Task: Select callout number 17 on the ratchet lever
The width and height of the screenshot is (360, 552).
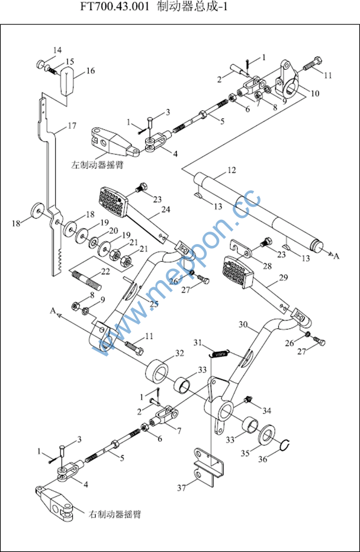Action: click(x=72, y=126)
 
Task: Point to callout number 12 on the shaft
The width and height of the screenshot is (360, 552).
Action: click(x=232, y=171)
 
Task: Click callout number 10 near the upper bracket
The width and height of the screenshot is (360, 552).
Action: click(x=314, y=93)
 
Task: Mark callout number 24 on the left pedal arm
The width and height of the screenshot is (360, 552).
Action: click(x=165, y=210)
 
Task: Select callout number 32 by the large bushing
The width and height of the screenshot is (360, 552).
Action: click(x=180, y=354)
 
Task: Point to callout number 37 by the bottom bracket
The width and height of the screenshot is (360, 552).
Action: click(x=183, y=488)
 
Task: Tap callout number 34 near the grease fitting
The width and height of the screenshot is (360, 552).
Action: click(x=267, y=410)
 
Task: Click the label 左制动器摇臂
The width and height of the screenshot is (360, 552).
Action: click(x=97, y=165)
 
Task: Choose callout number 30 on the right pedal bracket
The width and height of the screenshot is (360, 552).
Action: click(x=244, y=325)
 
